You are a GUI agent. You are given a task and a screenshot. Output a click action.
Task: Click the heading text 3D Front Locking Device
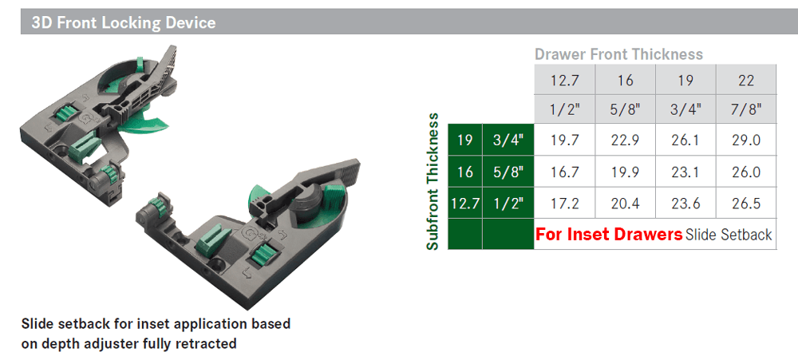click(x=123, y=22)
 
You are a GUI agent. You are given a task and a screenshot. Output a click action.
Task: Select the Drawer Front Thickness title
click(x=618, y=54)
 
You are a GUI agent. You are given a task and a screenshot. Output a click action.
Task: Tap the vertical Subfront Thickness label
click(x=433, y=182)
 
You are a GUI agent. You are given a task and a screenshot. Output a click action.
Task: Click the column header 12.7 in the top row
click(x=564, y=81)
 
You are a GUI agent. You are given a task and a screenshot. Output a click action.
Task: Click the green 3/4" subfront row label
click(x=508, y=141)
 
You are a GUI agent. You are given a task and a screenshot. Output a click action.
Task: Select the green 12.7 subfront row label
click(x=464, y=204)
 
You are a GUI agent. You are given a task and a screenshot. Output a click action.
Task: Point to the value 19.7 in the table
click(x=564, y=141)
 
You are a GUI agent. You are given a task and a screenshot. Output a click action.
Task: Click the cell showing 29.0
click(x=745, y=141)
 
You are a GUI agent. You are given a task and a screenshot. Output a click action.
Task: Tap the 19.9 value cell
click(x=625, y=172)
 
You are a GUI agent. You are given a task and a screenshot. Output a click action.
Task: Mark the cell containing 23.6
click(x=685, y=204)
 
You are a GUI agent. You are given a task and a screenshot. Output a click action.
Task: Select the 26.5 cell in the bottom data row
click(x=745, y=204)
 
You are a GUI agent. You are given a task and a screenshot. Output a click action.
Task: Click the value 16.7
click(x=564, y=172)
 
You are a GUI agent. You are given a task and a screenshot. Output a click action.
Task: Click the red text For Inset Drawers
click(x=608, y=235)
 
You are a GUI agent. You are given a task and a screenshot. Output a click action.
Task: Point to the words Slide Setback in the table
click(x=729, y=235)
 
